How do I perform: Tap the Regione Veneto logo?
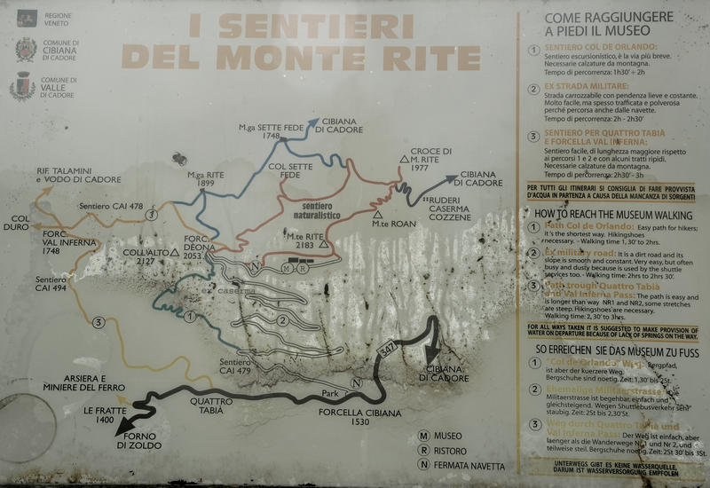(x=24, y=18)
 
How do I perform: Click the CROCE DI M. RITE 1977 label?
(x=432, y=160)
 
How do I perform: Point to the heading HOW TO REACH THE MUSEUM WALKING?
(x=615, y=214)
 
